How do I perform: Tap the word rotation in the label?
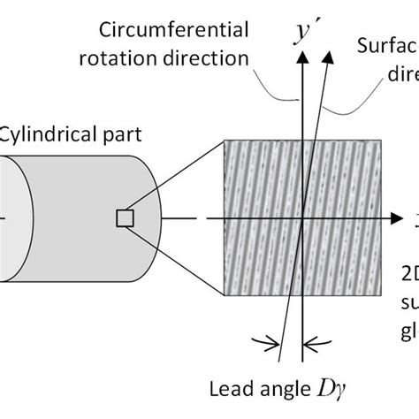click(x=135, y=60)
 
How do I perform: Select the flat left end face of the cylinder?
click(x=12, y=217)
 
